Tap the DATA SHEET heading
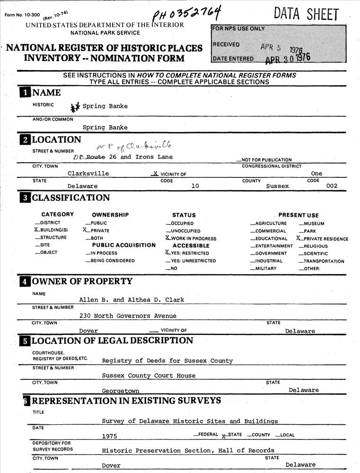306,15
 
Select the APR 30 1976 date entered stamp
288,59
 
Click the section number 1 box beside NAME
24,93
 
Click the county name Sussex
277,186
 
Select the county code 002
332,186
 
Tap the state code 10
195,186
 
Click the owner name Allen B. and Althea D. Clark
132,300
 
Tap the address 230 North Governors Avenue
128,316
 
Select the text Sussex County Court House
149,376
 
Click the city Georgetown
121,391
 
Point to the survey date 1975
109,436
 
